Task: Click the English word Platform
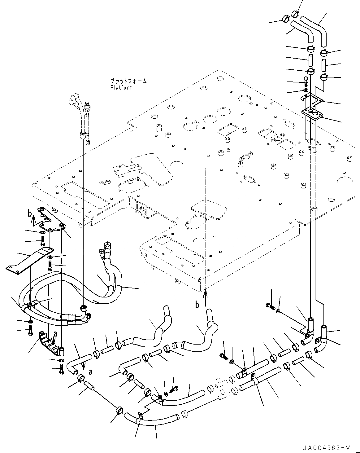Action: [x=121, y=88]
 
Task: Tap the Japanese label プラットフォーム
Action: [x=128, y=81]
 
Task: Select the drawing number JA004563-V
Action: [x=327, y=447]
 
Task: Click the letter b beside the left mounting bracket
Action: [x=30, y=213]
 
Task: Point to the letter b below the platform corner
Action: [x=197, y=305]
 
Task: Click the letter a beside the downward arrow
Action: [x=90, y=372]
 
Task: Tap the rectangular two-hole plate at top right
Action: [x=313, y=114]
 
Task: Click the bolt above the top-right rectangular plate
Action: [x=306, y=81]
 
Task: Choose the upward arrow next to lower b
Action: [x=205, y=297]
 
